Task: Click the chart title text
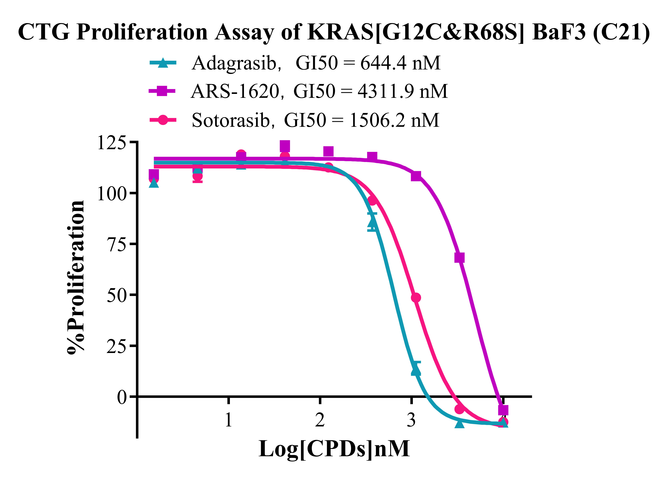tap(334, 32)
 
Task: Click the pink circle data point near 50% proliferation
tap(416, 298)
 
